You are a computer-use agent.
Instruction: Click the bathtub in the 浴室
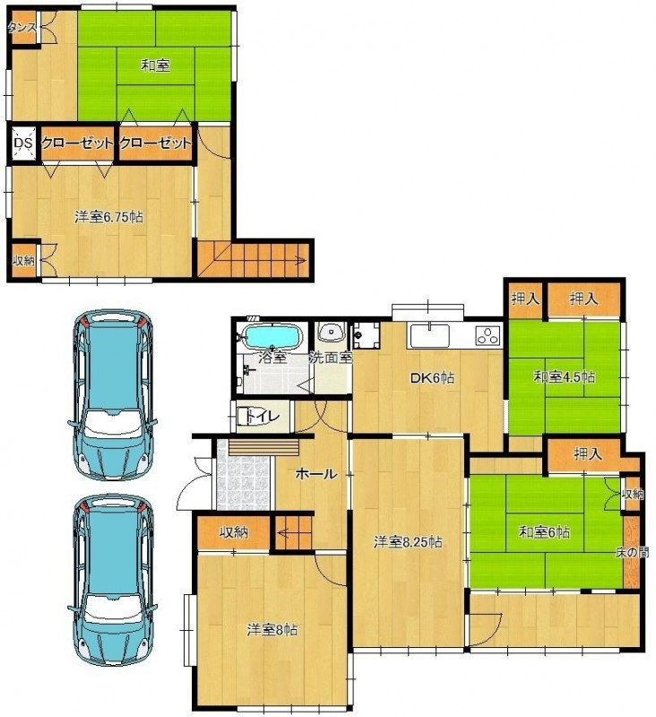(x=273, y=337)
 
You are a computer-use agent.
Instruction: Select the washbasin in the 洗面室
(x=331, y=333)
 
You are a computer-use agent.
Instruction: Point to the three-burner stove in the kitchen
(x=488, y=335)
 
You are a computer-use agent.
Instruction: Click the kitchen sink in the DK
(x=429, y=335)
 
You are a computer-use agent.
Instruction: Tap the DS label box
(x=24, y=143)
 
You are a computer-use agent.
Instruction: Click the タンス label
(x=22, y=28)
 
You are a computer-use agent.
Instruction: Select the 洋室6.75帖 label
(x=108, y=217)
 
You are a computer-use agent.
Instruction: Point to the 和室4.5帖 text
(x=565, y=377)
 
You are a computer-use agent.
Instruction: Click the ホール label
(x=316, y=474)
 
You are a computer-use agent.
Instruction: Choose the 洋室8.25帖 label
(x=408, y=542)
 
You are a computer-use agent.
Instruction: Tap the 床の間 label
(x=633, y=552)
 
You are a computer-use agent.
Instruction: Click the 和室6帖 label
(x=544, y=532)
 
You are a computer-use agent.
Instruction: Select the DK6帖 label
(x=432, y=378)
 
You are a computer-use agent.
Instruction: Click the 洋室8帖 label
(x=272, y=630)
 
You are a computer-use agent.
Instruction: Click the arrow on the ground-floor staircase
(x=293, y=532)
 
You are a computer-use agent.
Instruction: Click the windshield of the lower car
(x=113, y=609)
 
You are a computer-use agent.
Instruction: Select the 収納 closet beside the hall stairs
(x=234, y=532)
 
